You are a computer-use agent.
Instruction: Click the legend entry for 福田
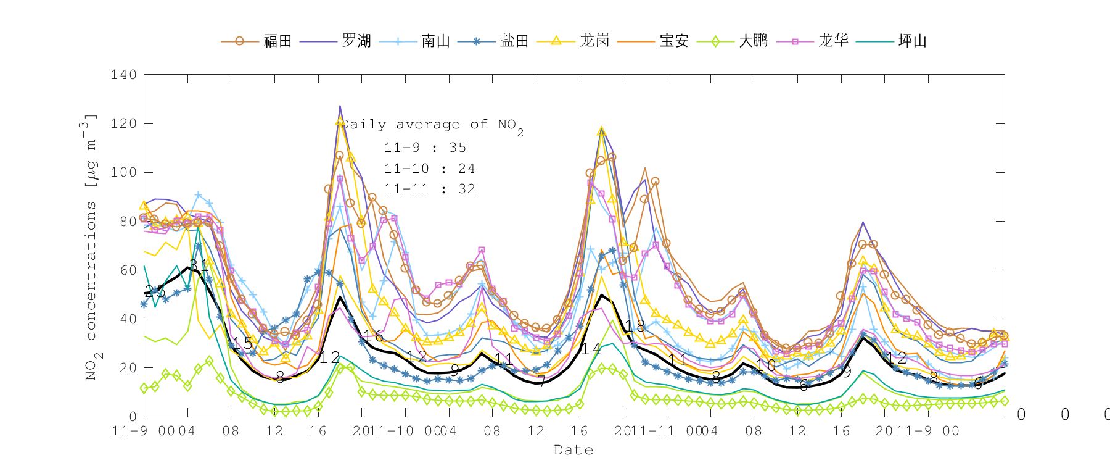click(x=277, y=41)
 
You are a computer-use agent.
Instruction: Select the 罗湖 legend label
click(x=356, y=41)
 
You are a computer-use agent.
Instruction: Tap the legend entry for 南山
click(x=436, y=41)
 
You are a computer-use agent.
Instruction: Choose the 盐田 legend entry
click(x=514, y=41)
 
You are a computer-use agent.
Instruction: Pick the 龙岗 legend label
click(x=594, y=41)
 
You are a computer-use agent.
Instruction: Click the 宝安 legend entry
click(x=674, y=41)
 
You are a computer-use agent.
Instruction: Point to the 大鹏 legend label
click(x=754, y=41)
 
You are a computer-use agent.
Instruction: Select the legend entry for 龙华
click(x=833, y=41)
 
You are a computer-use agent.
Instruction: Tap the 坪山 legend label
click(x=913, y=41)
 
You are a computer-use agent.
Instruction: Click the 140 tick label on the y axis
click(x=124, y=75)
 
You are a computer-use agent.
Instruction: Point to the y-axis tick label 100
click(x=124, y=172)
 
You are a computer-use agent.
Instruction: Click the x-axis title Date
click(x=573, y=450)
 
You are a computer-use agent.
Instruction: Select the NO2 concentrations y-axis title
click(x=91, y=247)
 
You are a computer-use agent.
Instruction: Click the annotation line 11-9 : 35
click(x=425, y=148)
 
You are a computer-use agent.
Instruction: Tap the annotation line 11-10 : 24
click(x=429, y=169)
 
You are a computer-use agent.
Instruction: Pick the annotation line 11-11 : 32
click(x=429, y=189)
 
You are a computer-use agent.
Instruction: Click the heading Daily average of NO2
click(x=432, y=125)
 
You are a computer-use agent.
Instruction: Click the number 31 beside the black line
click(x=199, y=266)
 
